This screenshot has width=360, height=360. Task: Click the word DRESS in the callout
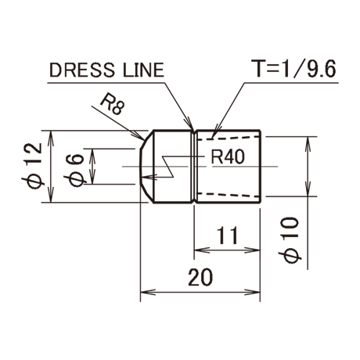point(82,70)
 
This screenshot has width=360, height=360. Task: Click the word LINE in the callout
point(143,70)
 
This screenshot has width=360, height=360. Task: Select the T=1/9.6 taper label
point(293,69)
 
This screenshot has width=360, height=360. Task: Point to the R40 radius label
point(228,157)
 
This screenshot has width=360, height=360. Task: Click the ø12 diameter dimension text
point(32,165)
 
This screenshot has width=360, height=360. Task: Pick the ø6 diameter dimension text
point(74,170)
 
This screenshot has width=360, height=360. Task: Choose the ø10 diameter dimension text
point(290,240)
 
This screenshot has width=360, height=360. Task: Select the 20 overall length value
point(200,278)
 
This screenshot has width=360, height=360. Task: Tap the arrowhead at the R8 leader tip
point(139,135)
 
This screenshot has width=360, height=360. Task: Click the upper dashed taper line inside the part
point(229,138)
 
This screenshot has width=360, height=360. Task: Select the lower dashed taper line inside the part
point(229,195)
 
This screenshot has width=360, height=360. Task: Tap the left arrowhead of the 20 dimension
point(148,292)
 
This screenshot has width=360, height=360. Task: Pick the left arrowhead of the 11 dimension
point(202,250)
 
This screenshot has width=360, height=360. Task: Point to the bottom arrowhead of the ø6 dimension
point(92,177)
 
